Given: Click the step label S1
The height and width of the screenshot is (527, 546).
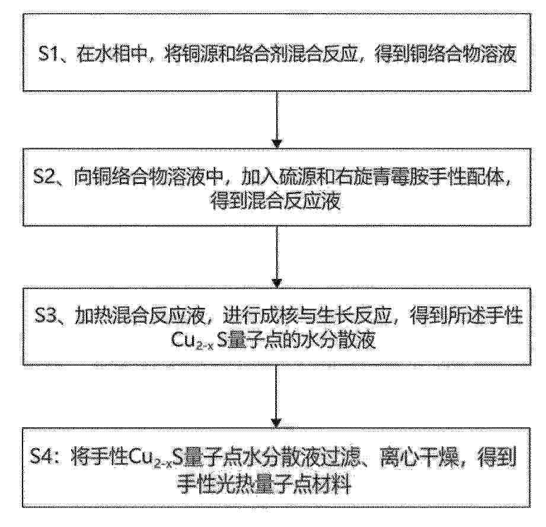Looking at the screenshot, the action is (47, 55).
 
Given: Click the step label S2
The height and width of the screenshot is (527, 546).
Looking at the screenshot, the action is (43, 178).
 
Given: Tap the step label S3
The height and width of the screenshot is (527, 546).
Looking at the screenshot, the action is (45, 317).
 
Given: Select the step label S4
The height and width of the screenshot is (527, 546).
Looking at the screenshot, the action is (41, 456).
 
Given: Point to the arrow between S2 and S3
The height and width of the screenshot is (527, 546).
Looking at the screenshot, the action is (277, 257).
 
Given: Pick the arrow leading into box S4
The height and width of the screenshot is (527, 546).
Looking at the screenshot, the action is (277, 396).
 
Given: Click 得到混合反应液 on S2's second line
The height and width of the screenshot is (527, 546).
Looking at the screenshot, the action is (276, 201).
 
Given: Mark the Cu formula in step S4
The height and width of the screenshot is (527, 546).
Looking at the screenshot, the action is (157, 457).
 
